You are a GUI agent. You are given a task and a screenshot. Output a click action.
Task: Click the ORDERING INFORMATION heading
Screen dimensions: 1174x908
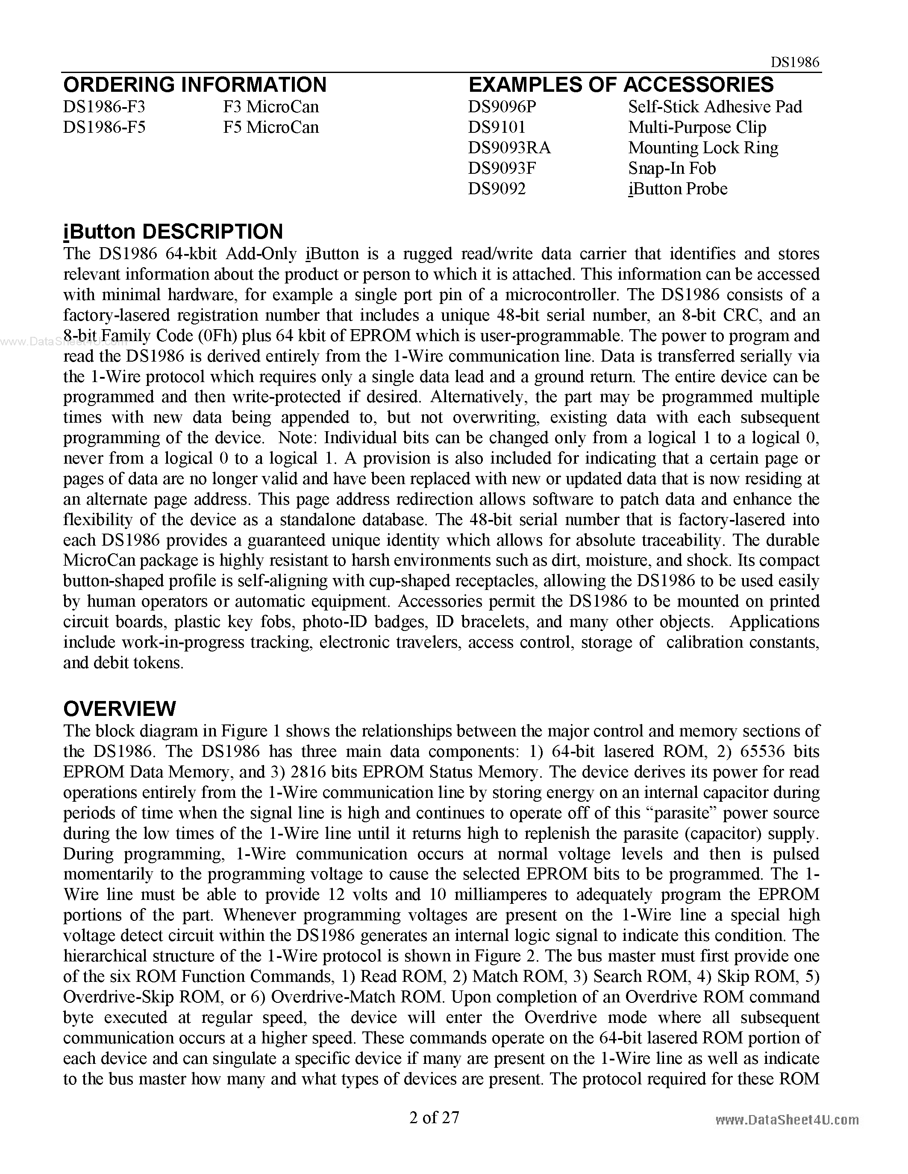195,85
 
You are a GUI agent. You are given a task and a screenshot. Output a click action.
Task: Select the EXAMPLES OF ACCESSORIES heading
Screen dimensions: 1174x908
621,85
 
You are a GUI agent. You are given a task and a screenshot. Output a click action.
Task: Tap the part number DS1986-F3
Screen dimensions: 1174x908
104,106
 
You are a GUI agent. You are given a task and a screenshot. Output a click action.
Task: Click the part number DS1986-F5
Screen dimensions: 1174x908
104,127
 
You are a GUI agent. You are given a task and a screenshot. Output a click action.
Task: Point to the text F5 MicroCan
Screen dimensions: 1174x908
270,127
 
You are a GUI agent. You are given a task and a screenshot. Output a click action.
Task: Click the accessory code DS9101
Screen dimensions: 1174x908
497,127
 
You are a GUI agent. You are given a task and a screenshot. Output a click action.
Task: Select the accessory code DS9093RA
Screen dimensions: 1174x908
509,147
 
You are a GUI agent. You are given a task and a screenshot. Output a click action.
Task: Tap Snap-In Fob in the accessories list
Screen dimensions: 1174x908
672,168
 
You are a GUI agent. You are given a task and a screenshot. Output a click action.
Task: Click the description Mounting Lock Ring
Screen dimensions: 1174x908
703,147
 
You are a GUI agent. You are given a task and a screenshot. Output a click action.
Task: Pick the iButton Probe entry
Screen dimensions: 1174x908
678,189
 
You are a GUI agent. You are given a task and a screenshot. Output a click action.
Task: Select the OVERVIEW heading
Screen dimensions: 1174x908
119,709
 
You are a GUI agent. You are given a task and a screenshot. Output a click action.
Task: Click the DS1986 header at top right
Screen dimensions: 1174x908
794,62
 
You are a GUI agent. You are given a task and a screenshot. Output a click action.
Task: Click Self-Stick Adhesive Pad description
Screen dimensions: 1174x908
715,106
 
